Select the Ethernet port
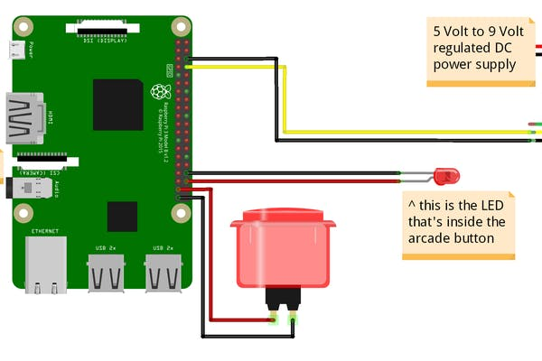coord(46,264)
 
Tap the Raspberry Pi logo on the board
coord(160,91)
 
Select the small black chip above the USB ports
coord(122,217)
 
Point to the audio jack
coord(26,189)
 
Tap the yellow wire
coord(284,99)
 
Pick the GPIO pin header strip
coord(182,117)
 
